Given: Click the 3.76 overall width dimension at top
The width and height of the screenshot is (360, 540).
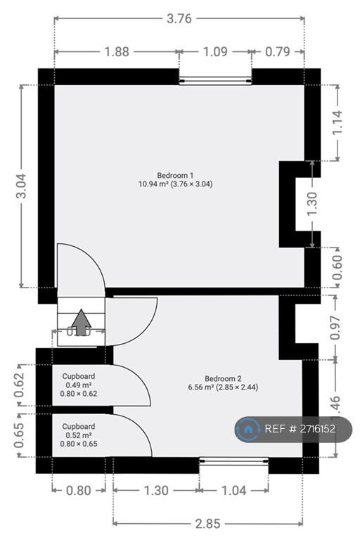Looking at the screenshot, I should click(179, 19).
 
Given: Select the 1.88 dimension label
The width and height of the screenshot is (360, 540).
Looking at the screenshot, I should click(116, 51).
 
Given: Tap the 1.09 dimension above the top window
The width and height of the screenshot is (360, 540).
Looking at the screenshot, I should click(214, 51).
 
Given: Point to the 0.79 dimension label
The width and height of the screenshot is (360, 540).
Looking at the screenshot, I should click(278, 51).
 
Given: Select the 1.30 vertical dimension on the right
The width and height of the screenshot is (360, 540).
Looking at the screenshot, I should click(313, 203).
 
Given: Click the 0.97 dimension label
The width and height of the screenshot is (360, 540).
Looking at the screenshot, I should click(335, 327).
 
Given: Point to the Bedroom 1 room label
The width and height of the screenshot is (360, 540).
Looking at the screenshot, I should click(175, 179).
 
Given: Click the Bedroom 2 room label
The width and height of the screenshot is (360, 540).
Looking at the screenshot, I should click(223, 382).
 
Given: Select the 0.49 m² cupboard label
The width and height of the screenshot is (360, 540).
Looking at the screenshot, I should click(78, 385).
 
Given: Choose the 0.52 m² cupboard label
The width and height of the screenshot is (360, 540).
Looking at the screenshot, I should click(79, 435).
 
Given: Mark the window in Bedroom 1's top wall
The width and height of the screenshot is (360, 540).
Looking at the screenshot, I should click(215, 77).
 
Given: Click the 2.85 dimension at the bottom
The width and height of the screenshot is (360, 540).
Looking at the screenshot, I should click(208, 522).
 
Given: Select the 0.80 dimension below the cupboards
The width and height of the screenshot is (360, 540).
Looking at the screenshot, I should click(78, 491).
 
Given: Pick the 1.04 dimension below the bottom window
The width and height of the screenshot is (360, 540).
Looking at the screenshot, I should click(233, 491).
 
